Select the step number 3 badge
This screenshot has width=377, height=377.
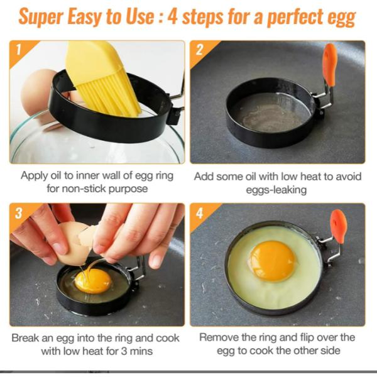point(21,214)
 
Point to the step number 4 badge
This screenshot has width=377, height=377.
point(201,214)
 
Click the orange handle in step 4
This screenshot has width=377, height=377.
point(339,226)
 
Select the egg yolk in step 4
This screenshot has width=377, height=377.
point(272,261)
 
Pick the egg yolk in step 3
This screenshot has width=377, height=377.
point(93,281)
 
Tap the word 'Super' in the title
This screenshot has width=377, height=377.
point(41,18)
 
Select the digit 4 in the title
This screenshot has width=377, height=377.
point(172,17)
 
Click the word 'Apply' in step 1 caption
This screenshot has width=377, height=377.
point(34,176)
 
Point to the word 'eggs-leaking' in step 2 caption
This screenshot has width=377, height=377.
point(276,190)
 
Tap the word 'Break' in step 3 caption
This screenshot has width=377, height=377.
point(25,338)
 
